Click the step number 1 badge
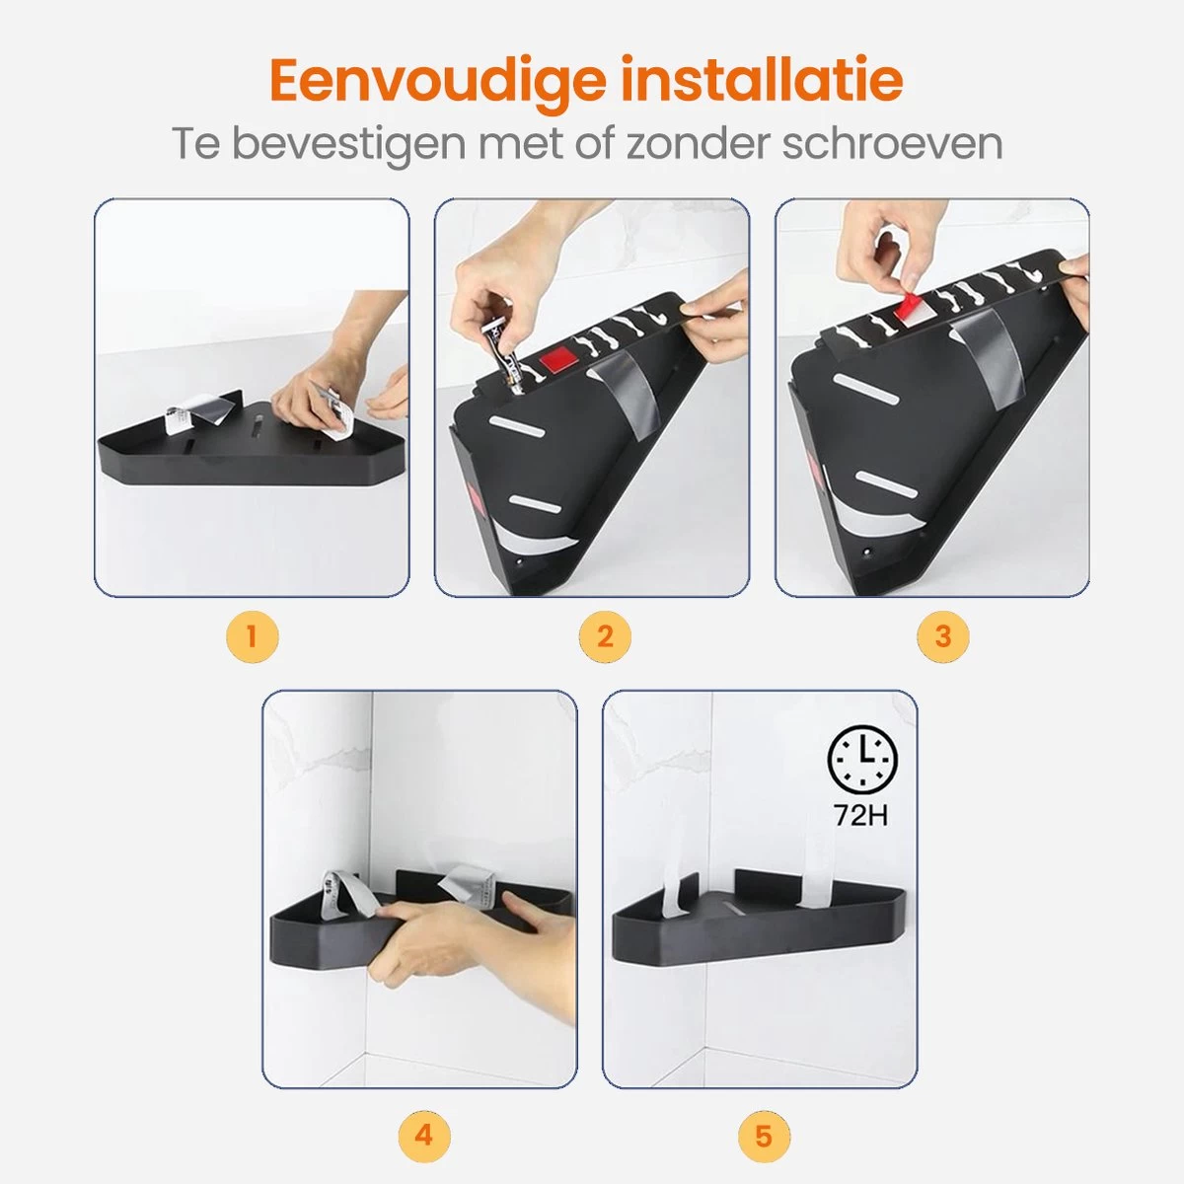click(x=252, y=636)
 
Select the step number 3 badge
click(x=942, y=636)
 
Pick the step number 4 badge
click(x=423, y=1135)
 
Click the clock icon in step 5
click(x=863, y=760)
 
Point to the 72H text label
click(x=860, y=816)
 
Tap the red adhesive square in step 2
click(x=558, y=357)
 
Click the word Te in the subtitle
click(x=195, y=143)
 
